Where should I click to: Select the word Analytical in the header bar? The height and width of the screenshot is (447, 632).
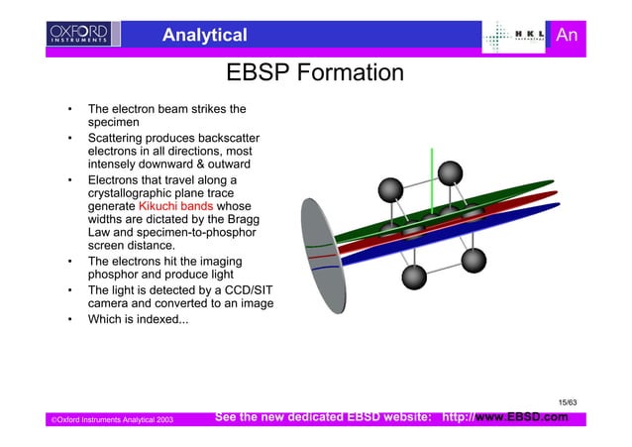click(204, 37)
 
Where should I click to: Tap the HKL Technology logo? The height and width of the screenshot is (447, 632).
click(516, 37)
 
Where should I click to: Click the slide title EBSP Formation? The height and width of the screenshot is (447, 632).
click(314, 74)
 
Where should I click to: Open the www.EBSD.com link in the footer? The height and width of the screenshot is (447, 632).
click(521, 417)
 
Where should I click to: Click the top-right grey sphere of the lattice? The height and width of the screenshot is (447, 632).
click(453, 173)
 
